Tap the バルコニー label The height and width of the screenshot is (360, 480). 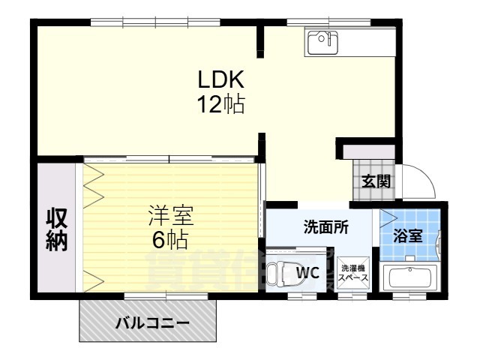click(x=151, y=324)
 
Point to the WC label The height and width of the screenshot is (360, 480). click(x=308, y=273)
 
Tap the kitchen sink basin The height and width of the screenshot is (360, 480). click(x=323, y=40)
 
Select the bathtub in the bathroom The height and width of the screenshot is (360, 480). click(x=411, y=280)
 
